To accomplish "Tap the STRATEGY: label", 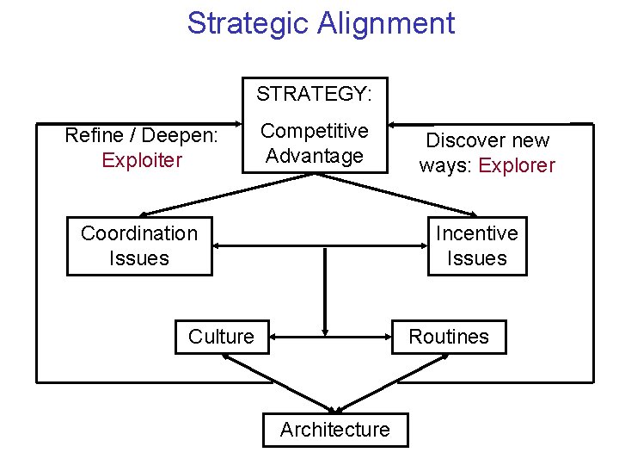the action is (314, 93).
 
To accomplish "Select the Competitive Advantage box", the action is (314, 144).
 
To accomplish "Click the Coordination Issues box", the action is (139, 245).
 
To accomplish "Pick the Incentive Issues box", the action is (477, 245).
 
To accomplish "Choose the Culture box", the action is (222, 337).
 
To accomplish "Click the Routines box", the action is (449, 337).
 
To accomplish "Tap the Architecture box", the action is (334, 430).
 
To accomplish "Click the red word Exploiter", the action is (142, 160).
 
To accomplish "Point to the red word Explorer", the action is (517, 165).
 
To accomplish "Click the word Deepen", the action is (179, 135).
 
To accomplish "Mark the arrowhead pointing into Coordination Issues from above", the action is (144, 214).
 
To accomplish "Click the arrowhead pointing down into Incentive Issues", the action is (473, 214).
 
